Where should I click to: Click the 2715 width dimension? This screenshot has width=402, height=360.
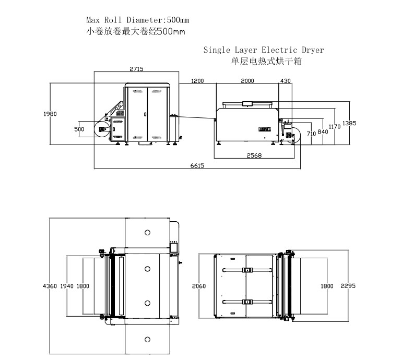click(x=136, y=69)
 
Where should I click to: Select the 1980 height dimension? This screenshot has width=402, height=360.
click(x=50, y=114)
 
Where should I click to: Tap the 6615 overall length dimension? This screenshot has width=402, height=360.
click(x=197, y=165)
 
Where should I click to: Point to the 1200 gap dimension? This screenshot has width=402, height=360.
click(x=197, y=81)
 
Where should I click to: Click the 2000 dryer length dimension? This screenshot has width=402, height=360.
click(x=247, y=81)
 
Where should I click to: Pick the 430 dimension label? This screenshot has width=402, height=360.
click(x=286, y=81)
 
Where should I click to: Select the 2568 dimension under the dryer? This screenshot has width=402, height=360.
click(x=254, y=155)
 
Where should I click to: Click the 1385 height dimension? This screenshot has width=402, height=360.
click(x=349, y=124)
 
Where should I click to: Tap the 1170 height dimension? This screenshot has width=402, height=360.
click(x=335, y=127)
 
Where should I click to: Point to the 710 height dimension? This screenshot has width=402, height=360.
click(x=311, y=134)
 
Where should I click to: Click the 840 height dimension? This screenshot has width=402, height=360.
click(x=323, y=131)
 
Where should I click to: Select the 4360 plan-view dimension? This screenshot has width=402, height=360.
click(x=50, y=286)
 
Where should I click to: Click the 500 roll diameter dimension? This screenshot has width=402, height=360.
click(x=79, y=129)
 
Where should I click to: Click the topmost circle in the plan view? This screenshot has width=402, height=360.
click(x=147, y=232)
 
